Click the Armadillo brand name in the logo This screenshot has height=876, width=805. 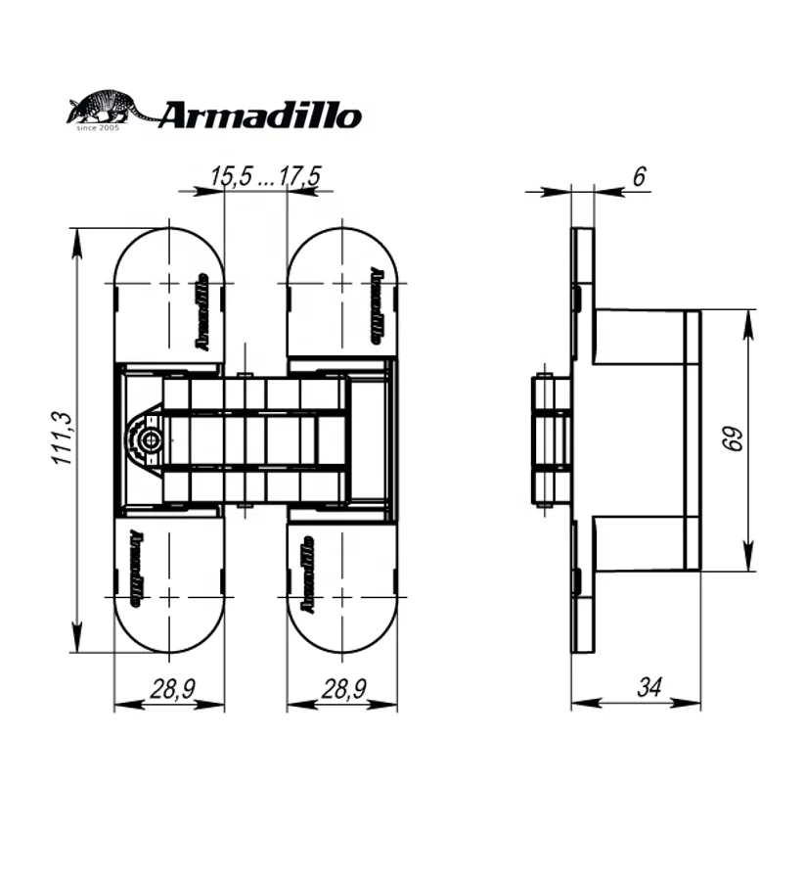coord(259,115)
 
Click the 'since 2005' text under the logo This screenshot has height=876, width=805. coord(98,127)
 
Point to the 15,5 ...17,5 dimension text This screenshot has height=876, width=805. coord(266,176)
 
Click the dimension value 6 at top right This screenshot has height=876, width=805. coord(639,176)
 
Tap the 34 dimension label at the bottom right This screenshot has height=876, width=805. coord(648,688)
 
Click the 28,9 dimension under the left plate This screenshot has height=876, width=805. coord(170,689)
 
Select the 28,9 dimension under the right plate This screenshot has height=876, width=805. coord(342,689)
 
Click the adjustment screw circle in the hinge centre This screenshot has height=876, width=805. coord(149,440)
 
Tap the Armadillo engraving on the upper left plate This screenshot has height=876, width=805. coord(203,311)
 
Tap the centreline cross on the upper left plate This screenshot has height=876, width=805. coord(169,284)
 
